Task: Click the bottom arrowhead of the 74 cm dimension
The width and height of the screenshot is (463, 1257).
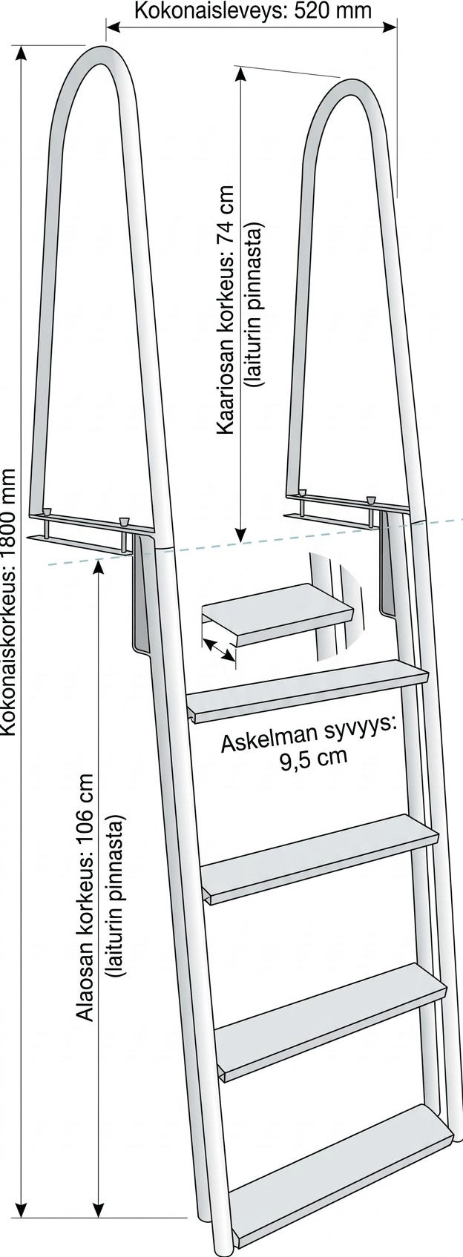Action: point(241,535)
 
